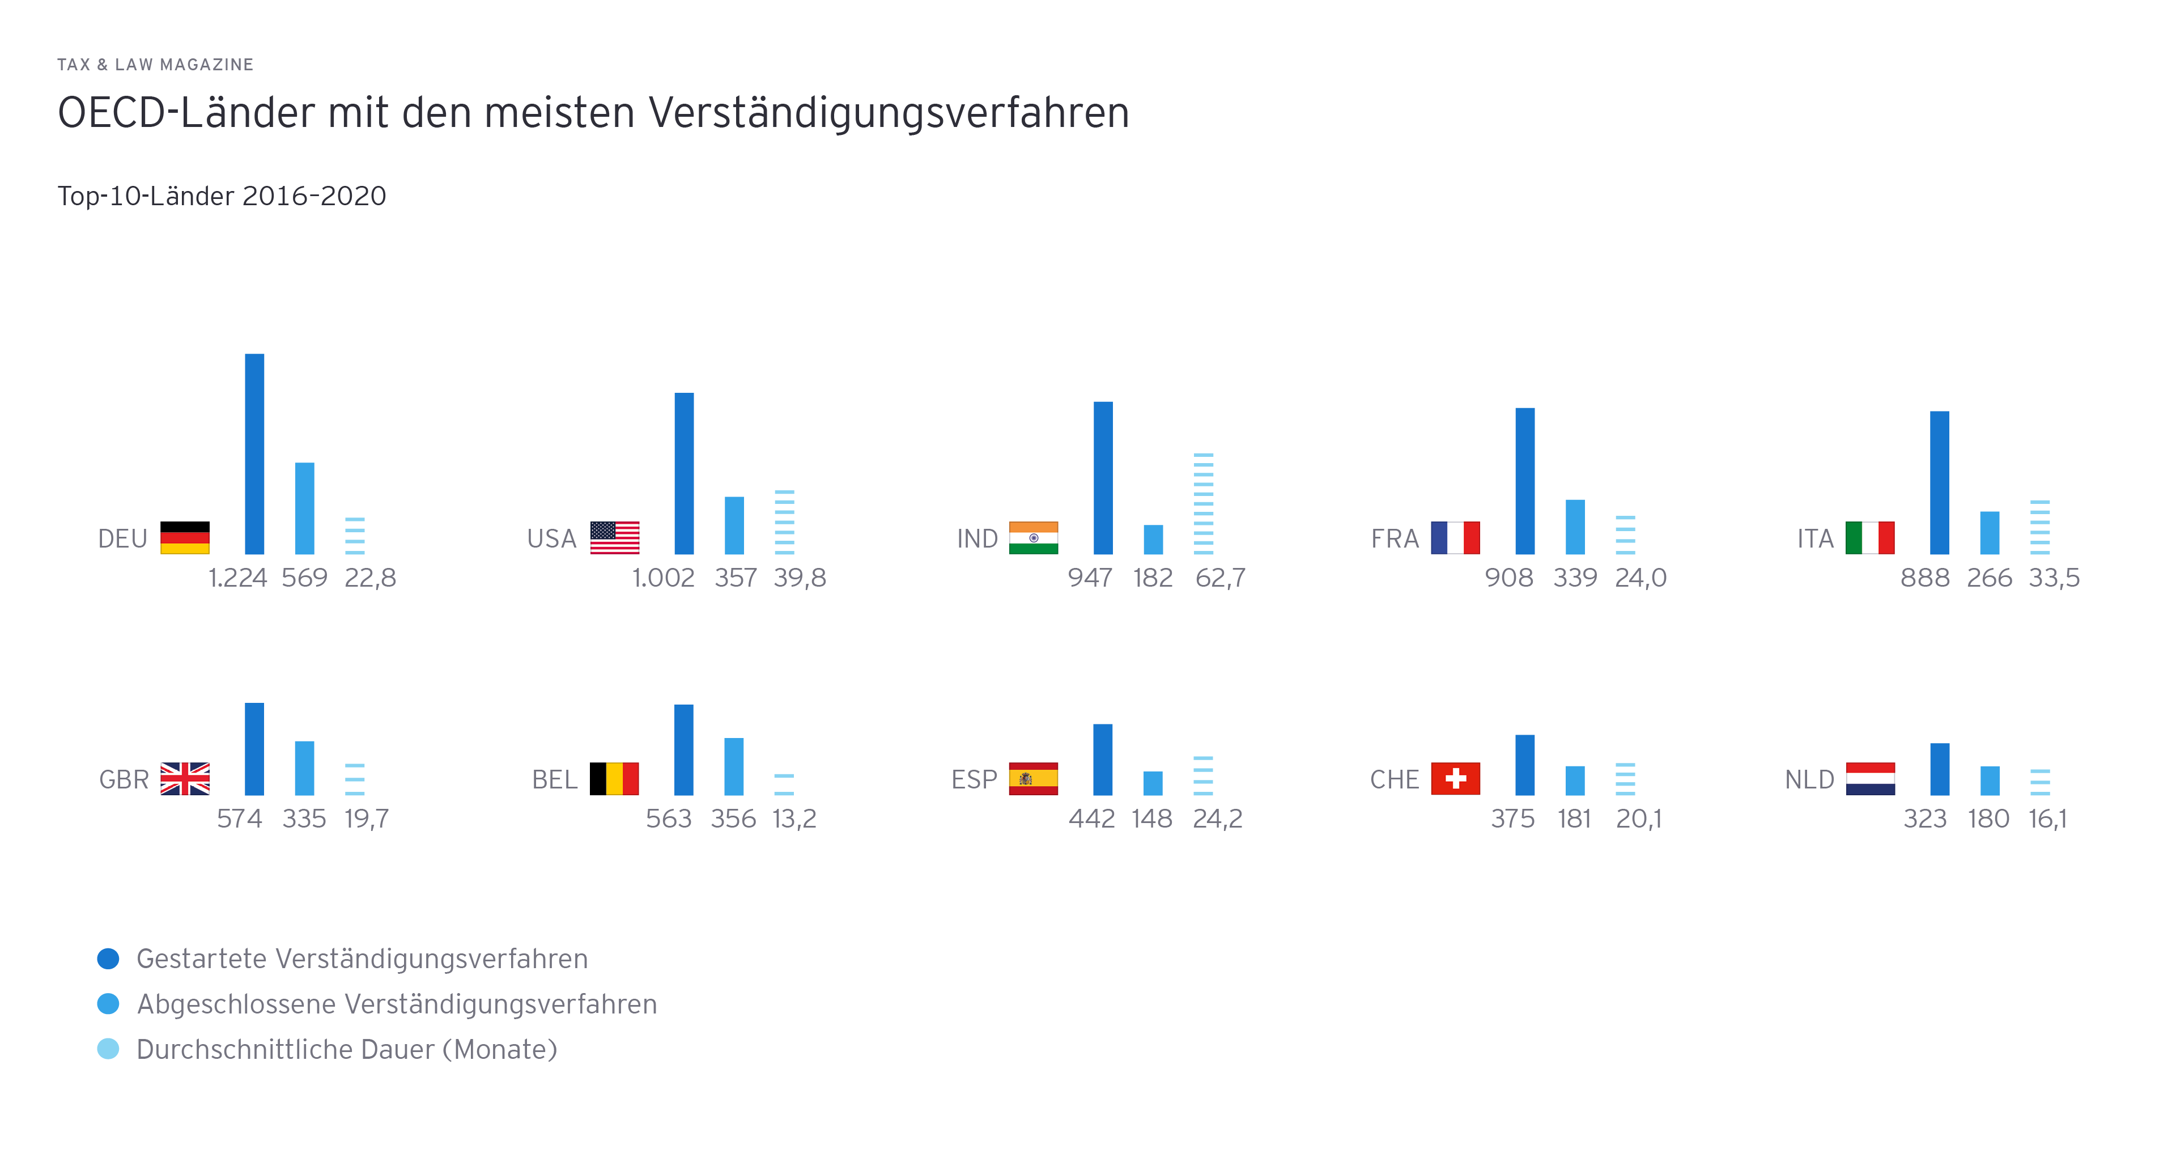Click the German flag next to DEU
[x=184, y=537]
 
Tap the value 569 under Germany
[x=304, y=578]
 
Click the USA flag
[x=614, y=537]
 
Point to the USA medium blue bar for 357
[x=734, y=525]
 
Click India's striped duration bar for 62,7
[x=1203, y=504]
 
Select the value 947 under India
[x=1090, y=578]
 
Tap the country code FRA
[x=1394, y=539]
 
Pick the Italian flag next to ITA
[x=1869, y=537]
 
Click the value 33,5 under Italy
[x=2054, y=578]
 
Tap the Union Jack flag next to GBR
[x=185, y=778]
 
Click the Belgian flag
[x=614, y=778]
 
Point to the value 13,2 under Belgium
[x=794, y=819]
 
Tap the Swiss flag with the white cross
[x=1455, y=778]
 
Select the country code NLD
[x=1809, y=780]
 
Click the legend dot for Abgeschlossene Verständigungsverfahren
[x=108, y=1004]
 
